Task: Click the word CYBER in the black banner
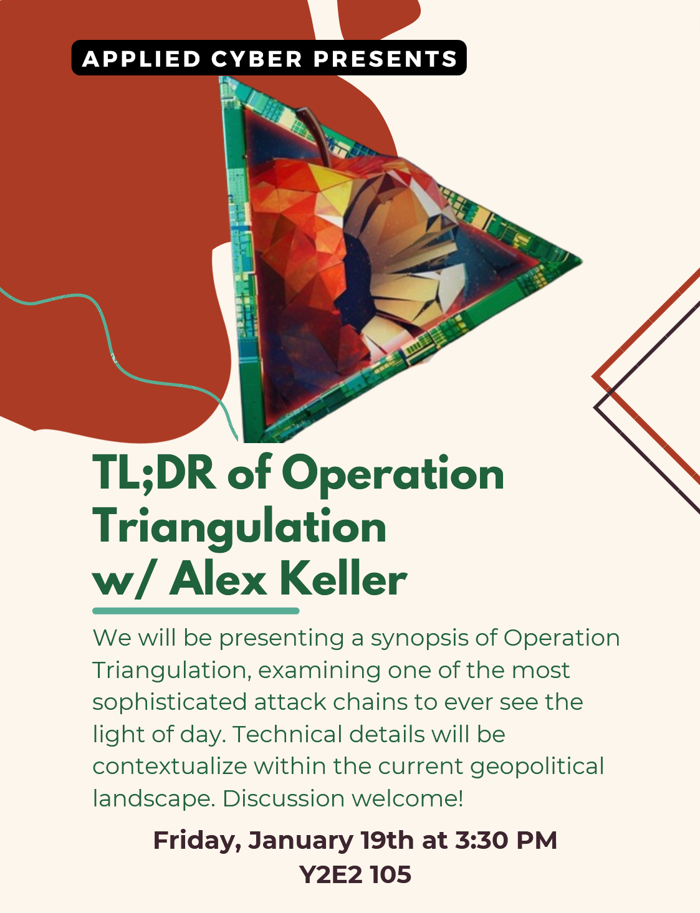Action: (256, 59)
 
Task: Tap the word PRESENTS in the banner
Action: (385, 59)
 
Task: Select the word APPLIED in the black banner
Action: (141, 59)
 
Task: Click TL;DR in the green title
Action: (154, 472)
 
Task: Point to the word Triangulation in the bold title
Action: (239, 527)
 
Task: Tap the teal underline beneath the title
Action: (196, 611)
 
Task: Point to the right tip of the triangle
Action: (582, 261)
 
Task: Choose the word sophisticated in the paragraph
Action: (170, 703)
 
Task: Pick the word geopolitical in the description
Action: (537, 767)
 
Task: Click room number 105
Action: (391, 875)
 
